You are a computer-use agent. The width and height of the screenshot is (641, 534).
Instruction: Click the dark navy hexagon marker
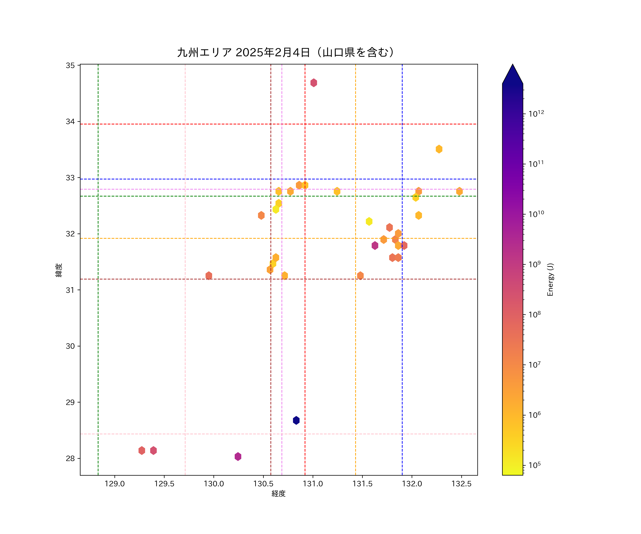[x=296, y=420]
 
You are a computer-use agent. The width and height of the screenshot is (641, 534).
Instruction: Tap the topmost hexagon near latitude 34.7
[x=314, y=83]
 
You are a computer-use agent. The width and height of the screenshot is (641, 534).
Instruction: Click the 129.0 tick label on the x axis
[x=115, y=484]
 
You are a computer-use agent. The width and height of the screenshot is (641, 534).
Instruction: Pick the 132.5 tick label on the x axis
[x=462, y=484]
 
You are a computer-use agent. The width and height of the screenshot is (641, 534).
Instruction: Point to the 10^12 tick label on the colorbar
[x=536, y=114]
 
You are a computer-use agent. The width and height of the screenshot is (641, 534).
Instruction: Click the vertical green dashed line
[x=98, y=305]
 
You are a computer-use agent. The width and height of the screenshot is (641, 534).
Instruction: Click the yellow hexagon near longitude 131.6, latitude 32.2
[x=369, y=221]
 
